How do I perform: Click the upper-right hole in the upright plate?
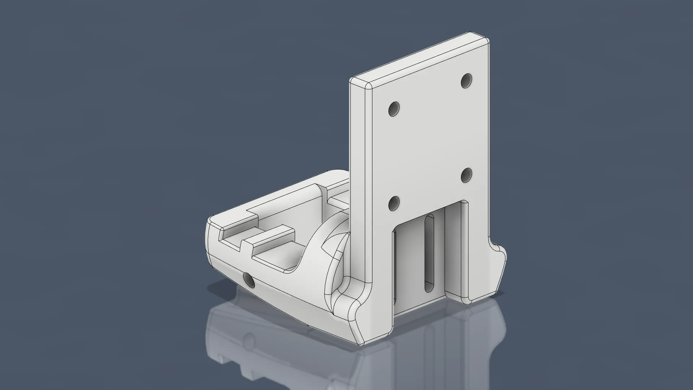coord(467,81)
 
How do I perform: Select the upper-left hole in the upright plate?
coord(394,109)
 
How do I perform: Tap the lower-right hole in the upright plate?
coord(467,175)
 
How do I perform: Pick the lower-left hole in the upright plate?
coord(394,204)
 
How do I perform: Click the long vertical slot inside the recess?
coord(429,253)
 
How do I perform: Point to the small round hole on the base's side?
coord(248,280)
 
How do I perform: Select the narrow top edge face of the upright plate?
coord(419,58)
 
